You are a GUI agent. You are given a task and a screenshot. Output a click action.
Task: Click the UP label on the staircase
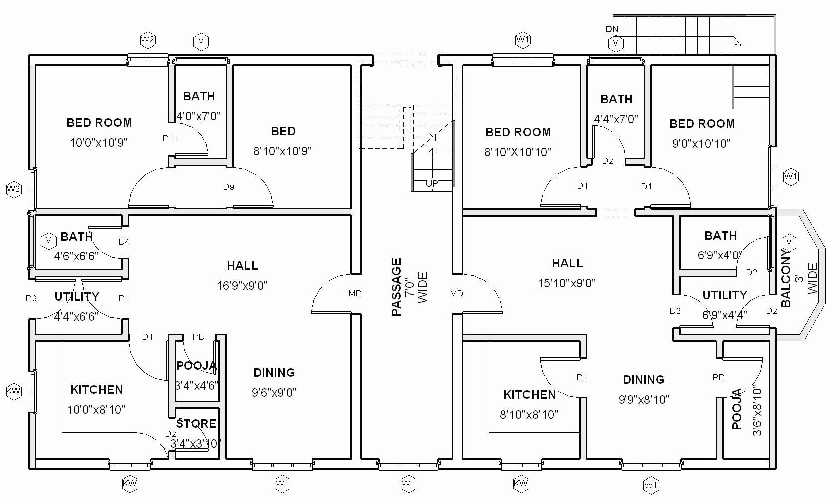pyautogui.click(x=432, y=183)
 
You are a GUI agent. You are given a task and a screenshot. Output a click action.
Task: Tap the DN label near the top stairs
pyautogui.click(x=612, y=29)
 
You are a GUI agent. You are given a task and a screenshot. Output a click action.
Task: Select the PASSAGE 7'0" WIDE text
pyautogui.click(x=409, y=287)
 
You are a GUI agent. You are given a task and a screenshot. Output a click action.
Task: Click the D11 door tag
pyautogui.click(x=170, y=138)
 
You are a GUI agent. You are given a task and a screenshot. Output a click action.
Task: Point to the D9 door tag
pyautogui.click(x=228, y=187)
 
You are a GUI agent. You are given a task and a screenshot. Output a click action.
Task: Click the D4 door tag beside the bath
pyautogui.click(x=124, y=242)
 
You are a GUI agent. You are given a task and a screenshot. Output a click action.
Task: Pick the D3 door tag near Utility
pyautogui.click(x=31, y=298)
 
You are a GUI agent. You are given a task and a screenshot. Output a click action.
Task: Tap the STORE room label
pyautogui.click(x=196, y=424)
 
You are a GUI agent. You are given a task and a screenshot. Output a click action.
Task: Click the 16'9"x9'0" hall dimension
pyautogui.click(x=242, y=286)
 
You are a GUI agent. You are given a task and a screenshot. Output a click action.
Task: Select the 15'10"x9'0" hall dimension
pyautogui.click(x=566, y=283)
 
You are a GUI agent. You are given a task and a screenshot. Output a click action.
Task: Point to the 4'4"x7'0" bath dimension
pyautogui.click(x=616, y=119)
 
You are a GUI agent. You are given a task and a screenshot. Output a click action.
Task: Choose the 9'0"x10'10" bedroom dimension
pyautogui.click(x=701, y=144)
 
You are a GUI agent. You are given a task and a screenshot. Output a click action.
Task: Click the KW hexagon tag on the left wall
pyautogui.click(x=13, y=391)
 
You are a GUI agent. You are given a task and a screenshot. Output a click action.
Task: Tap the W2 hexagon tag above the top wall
pyautogui.click(x=147, y=40)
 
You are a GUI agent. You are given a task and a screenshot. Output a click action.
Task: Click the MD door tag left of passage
pyautogui.click(x=355, y=293)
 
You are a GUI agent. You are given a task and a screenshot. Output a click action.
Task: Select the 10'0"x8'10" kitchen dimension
pyautogui.click(x=96, y=410)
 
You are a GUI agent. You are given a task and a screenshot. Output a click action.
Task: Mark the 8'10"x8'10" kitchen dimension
pyautogui.click(x=529, y=414)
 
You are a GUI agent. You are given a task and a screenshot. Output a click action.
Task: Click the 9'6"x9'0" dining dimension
pyautogui.click(x=274, y=393)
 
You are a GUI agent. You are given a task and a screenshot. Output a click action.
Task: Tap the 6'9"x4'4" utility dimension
pyautogui.click(x=724, y=315)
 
